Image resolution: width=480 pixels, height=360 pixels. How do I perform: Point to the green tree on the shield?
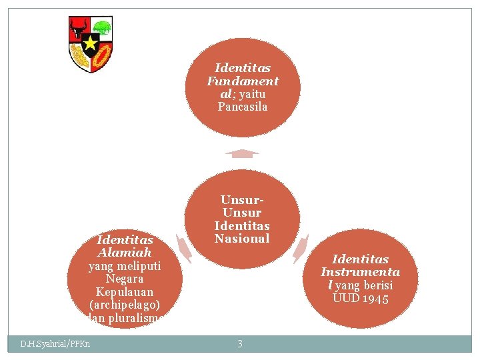coord(101,29)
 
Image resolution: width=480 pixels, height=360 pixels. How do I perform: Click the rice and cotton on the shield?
coord(80,58)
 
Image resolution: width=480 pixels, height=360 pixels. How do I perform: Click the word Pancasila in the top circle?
coord(243,107)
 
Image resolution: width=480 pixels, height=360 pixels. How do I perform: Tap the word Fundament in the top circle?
coord(243,81)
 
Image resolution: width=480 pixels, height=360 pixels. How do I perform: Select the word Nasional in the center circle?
coord(242,239)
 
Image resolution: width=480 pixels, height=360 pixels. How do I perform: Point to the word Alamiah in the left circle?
coord(125,253)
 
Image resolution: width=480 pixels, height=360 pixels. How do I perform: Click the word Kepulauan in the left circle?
coord(125,292)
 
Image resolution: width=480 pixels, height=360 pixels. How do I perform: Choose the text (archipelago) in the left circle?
coord(125,305)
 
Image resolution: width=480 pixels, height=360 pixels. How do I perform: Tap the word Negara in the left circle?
coord(125,279)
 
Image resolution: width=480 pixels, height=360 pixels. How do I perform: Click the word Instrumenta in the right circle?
coord(360,272)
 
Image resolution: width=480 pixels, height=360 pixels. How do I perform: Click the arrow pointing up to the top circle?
coord(242,154)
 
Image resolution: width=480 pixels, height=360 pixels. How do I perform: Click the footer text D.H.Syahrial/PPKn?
coord(55,344)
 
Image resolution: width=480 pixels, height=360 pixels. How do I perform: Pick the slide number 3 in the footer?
coord(240,344)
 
